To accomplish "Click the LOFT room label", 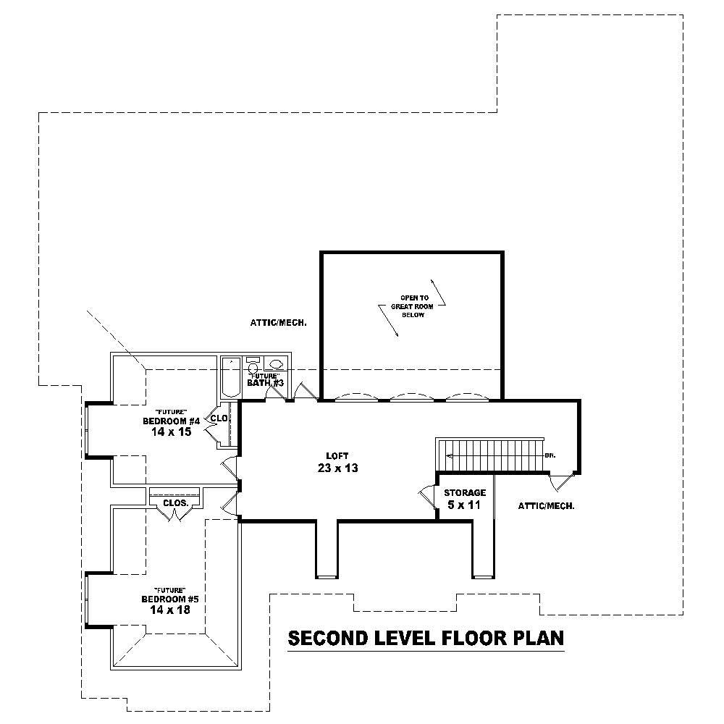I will click(337, 455).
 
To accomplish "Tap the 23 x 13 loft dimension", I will click(337, 468).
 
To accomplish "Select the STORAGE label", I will click(464, 492).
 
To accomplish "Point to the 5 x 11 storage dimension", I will click(464, 505).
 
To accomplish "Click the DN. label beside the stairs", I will click(550, 455).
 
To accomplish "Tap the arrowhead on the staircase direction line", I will click(450, 455).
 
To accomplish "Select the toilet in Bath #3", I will click(253, 366).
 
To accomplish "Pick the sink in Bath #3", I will click(275, 364).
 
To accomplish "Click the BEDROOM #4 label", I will click(171, 421).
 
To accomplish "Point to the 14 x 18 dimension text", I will click(171, 610).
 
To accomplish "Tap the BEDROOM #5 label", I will click(171, 599).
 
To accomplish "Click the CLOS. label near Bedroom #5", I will click(175, 502).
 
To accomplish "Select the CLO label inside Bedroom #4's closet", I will click(219, 418).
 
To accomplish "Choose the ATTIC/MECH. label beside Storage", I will click(546, 506).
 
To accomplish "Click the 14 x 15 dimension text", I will click(171, 432).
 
